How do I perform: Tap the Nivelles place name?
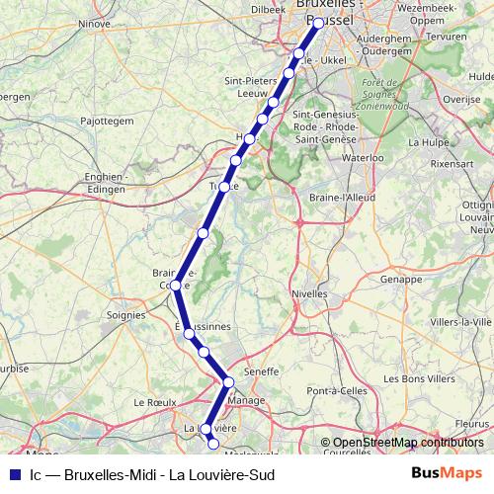click(x=309, y=293)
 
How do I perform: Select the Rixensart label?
click(x=453, y=164)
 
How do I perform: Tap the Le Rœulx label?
click(x=154, y=403)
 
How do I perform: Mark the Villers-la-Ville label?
click(x=460, y=322)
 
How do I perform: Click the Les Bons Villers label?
click(x=419, y=378)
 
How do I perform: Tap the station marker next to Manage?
click(x=228, y=381)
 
